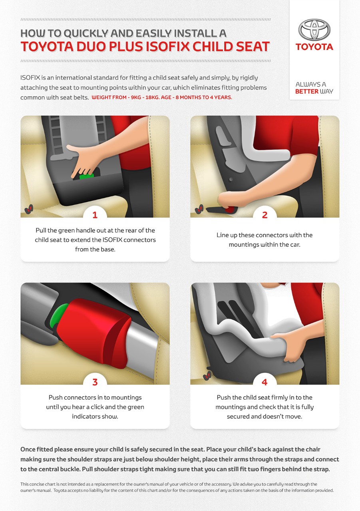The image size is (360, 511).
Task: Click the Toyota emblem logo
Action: tap(314, 30)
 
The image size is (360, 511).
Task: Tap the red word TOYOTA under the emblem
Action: tap(314, 47)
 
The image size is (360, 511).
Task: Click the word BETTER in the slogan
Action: tap(307, 91)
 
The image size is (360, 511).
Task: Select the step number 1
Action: tap(95, 215)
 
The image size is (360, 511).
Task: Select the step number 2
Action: tap(265, 215)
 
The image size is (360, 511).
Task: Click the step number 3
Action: tap(95, 382)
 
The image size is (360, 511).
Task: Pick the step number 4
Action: tap(265, 382)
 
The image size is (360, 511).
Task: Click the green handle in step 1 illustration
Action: tap(87, 176)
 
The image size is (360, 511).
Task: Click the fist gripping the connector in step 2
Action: tap(231, 199)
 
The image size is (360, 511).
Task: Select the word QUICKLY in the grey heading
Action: tap(86, 34)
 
